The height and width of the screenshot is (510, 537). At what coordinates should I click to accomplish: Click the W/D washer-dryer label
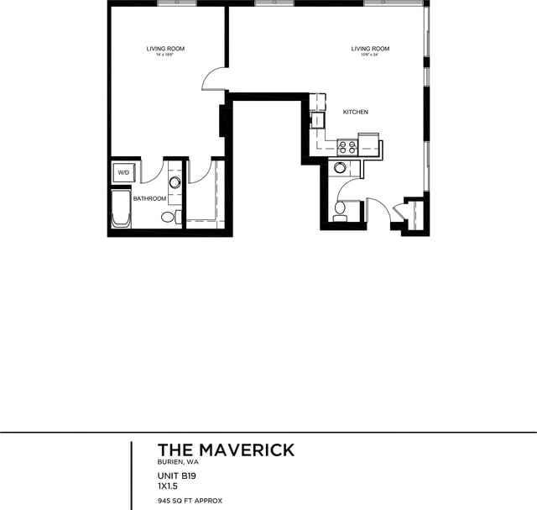pos(123,172)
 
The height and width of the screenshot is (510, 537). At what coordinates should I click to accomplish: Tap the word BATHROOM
pos(149,199)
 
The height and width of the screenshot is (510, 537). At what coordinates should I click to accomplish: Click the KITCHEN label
pos(355,112)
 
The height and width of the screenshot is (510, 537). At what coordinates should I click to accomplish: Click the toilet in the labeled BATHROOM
pos(168,218)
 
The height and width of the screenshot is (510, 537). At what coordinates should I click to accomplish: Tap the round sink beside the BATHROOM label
pos(175,182)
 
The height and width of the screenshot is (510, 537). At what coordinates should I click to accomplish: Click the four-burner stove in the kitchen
pos(347,147)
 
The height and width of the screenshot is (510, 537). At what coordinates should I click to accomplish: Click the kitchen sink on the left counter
pos(318,119)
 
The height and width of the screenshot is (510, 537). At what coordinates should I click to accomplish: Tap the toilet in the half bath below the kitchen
pos(341,210)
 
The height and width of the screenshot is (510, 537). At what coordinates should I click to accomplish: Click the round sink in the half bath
pos(340,167)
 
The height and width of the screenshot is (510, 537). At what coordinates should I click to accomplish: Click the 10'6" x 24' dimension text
pos(370,55)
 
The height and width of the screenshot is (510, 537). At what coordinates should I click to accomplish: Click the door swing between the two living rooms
pos(214,78)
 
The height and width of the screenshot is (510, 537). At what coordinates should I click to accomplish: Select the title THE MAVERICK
pos(226,450)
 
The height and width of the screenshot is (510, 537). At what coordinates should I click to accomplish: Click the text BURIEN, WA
pos(178,462)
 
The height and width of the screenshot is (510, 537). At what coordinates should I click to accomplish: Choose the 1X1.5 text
pos(169,485)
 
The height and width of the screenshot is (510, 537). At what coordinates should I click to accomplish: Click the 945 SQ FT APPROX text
pos(190,500)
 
